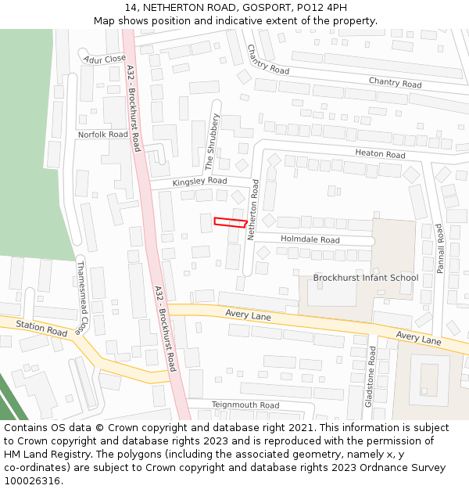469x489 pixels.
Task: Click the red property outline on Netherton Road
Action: click(x=231, y=223)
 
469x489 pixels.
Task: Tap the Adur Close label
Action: click(x=104, y=59)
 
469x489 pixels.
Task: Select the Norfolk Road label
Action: click(x=102, y=135)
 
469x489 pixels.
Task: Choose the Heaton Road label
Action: click(x=380, y=154)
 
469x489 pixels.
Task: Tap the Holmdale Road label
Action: click(x=310, y=239)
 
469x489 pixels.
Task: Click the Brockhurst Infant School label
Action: click(x=366, y=278)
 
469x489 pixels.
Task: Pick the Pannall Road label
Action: click(x=440, y=248)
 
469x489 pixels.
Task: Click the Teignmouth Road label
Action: click(x=245, y=405)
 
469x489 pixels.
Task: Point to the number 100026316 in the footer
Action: click(x=34, y=481)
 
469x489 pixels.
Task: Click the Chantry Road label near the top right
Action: click(x=395, y=83)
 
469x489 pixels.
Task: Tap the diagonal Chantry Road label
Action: click(x=268, y=59)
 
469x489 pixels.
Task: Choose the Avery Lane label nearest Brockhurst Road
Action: click(x=248, y=316)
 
